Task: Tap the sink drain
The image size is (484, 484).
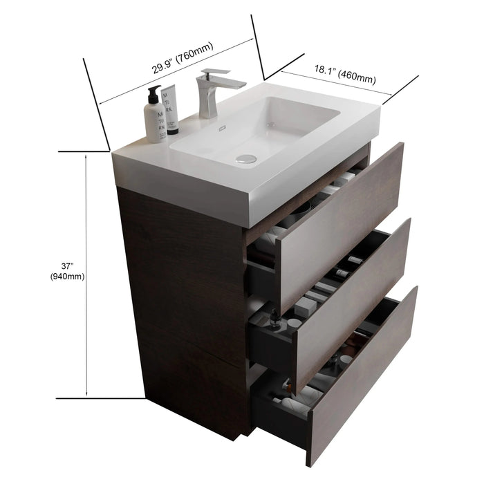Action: (245, 159)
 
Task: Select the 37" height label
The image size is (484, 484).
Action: (67, 266)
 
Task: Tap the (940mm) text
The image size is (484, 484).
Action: (67, 277)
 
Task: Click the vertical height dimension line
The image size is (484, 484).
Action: (86, 277)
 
